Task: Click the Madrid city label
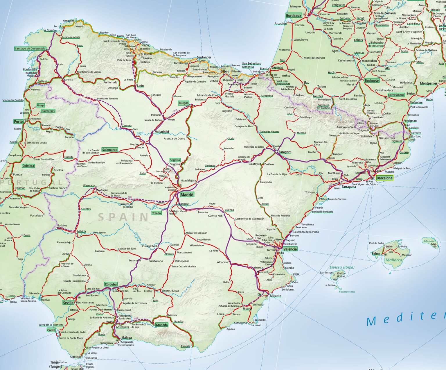coord(187,195)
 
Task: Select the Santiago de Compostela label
coord(30,49)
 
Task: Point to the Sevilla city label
coord(68,303)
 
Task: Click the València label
coord(290,249)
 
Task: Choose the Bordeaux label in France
coord(294,16)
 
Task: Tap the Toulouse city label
coord(372,81)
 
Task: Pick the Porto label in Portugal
coord(18,121)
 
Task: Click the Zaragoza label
coord(285,152)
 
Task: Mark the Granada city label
coord(162,325)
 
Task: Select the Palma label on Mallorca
coord(376,254)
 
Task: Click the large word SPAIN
coord(123,217)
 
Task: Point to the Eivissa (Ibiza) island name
coord(342,267)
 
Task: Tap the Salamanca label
coord(110,150)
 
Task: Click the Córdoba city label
coord(111,284)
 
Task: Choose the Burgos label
coord(184,103)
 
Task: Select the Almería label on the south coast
coord(185,346)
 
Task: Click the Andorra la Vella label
coord(346,127)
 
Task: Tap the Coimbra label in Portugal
coord(28,166)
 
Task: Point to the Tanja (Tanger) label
coord(56,364)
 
